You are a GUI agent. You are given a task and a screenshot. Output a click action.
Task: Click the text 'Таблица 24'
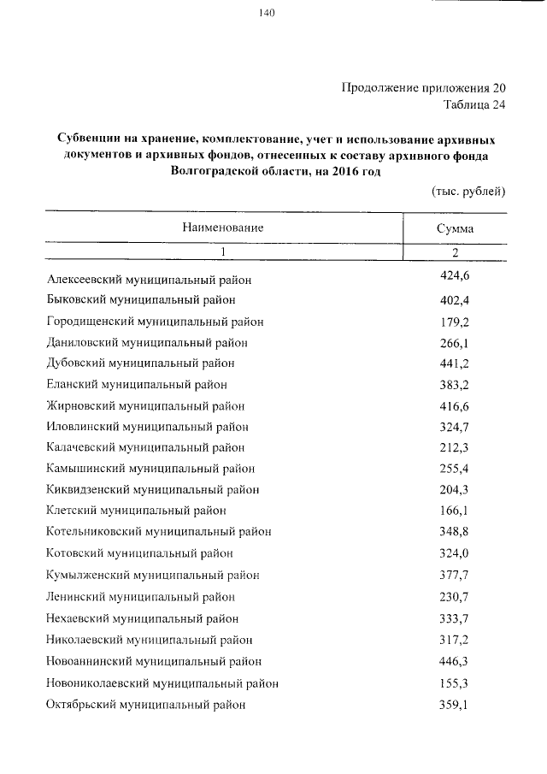coord(475,105)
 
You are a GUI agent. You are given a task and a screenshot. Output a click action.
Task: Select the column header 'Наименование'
coord(221,227)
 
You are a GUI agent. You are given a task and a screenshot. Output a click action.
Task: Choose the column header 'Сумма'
coord(455,228)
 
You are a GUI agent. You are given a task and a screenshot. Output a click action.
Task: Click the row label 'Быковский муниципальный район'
coord(141,300)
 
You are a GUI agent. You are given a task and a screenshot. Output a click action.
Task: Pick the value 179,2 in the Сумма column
coord(455,321)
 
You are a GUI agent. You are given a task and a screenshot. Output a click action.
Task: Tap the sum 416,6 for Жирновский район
coord(455,405)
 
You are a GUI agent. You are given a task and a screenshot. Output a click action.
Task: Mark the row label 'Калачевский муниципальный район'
coord(146,448)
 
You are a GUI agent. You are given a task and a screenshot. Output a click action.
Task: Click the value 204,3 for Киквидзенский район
coord(455,489)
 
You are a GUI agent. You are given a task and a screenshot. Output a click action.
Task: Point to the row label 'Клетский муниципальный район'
coord(137,511)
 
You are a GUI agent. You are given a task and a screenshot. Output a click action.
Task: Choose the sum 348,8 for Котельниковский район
coord(455,531)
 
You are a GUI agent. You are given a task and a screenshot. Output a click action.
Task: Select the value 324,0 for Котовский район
coord(455,552)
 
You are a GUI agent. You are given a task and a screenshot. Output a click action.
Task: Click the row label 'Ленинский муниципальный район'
coord(141,596)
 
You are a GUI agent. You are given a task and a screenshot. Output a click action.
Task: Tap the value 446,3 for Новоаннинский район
coord(455,659)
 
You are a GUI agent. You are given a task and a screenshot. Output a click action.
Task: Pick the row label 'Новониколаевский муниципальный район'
coord(162,683)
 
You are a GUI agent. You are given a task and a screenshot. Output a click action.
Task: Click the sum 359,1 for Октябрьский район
coord(455,704)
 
